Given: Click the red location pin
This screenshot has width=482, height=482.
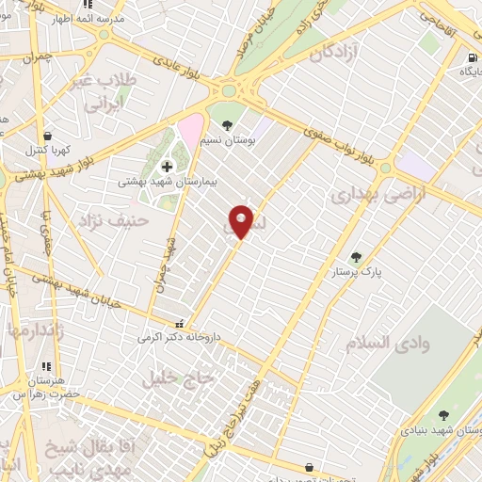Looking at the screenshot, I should pyautogui.click(x=242, y=221).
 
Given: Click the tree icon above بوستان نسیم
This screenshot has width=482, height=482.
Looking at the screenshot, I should pyautogui.click(x=226, y=124).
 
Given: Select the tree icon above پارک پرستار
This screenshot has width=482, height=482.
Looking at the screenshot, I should pyautogui.click(x=356, y=256).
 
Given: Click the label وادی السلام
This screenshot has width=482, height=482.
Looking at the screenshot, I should pyautogui.click(x=394, y=344).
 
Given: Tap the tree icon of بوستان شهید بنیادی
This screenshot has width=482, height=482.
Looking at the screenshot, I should pyautogui.click(x=442, y=414).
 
